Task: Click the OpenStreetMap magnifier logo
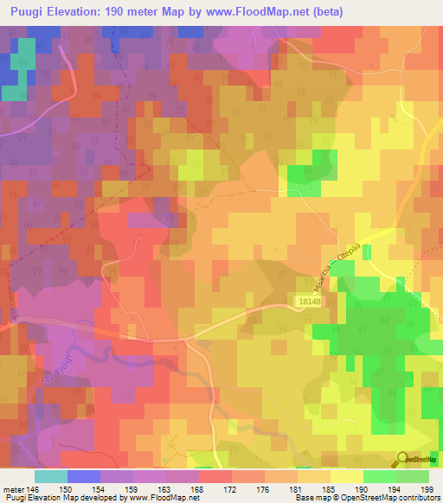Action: [x=403, y=459]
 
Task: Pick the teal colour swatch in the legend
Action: [x=51, y=476]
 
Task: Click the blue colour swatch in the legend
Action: [x=84, y=476]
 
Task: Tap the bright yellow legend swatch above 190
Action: [x=346, y=476]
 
